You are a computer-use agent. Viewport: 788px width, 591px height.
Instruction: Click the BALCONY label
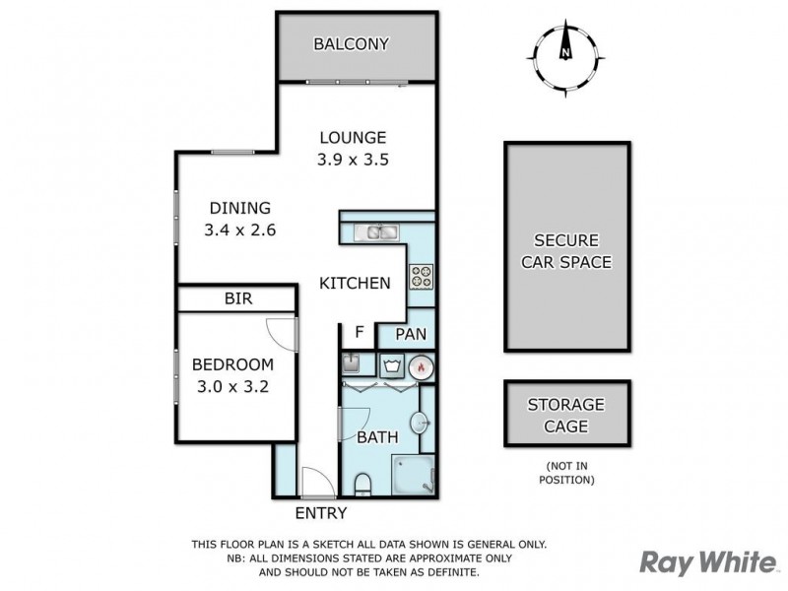(352, 44)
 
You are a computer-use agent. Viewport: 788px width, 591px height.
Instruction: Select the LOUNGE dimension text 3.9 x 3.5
(352, 159)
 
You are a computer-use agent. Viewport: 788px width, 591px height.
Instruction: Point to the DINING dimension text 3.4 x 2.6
(239, 230)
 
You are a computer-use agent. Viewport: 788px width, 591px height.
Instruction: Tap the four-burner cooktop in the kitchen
(421, 277)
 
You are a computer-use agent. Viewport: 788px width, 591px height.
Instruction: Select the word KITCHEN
(355, 283)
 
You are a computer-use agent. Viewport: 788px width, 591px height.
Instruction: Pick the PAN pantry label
(410, 335)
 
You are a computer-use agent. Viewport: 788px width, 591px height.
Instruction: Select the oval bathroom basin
(421, 424)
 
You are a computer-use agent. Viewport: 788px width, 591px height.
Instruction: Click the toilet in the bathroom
(362, 483)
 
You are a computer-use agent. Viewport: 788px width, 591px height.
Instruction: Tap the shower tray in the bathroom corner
(414, 477)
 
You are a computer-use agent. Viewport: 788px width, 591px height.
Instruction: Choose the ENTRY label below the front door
(321, 513)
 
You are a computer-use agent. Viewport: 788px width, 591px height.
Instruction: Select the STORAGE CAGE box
(564, 415)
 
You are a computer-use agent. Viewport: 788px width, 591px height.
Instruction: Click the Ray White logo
(707, 561)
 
